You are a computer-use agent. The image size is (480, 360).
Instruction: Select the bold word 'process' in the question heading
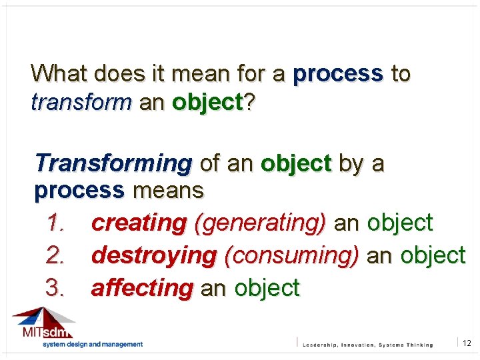pos(337,74)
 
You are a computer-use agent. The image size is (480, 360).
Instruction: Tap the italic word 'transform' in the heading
pos(81,103)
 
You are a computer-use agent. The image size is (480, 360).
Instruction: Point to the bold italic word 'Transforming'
pos(113,163)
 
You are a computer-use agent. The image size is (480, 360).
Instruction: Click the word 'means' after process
pos(168,191)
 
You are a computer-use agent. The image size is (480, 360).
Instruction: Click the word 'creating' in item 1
pos(139,223)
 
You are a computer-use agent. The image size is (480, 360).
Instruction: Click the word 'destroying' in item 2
pos(153,255)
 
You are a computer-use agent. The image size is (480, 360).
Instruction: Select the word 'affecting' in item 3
pos(141,288)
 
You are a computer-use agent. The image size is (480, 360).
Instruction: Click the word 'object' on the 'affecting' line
pos(267,288)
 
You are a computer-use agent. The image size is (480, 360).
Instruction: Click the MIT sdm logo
pos(43,324)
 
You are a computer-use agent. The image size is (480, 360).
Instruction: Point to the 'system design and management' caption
pos(93,345)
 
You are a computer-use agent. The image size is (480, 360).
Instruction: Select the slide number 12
pos(467,343)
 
